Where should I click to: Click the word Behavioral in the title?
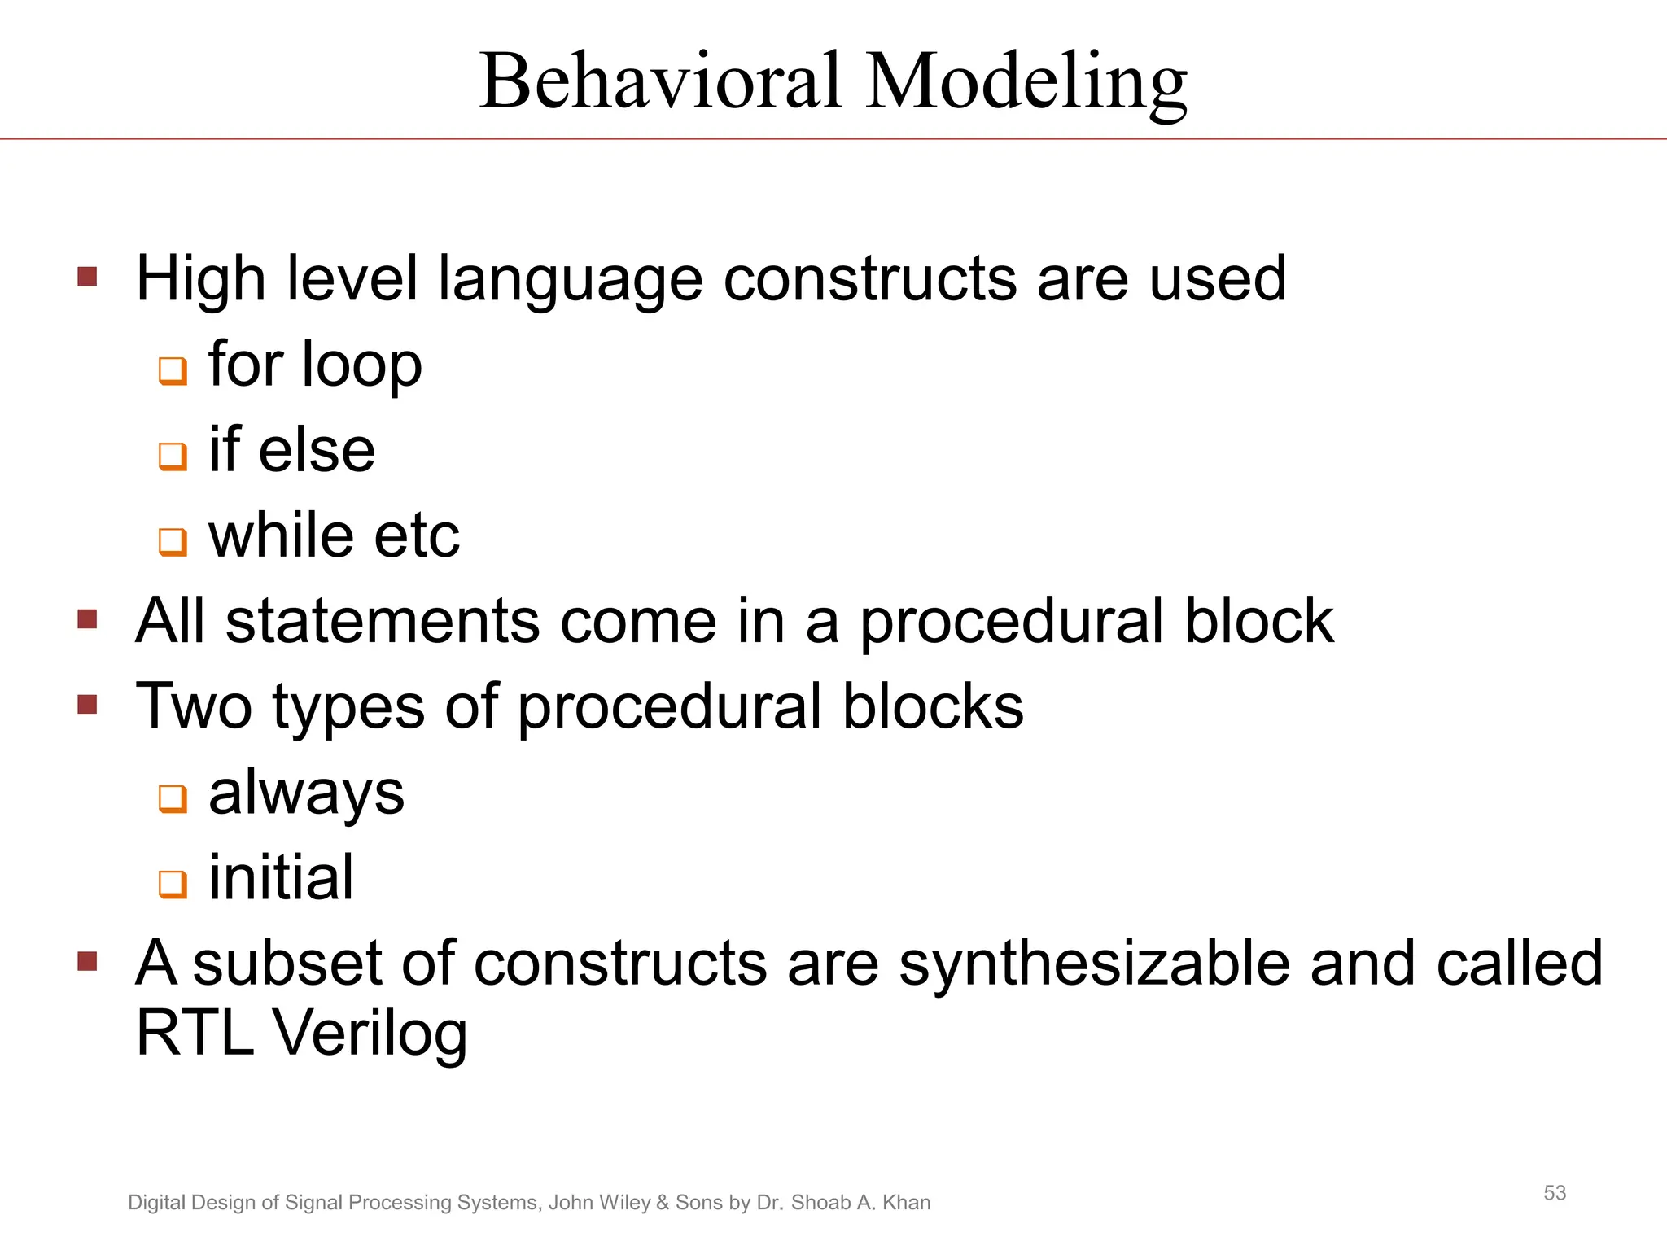tap(660, 81)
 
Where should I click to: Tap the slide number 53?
tap(1555, 1193)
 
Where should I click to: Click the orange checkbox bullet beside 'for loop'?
tap(173, 370)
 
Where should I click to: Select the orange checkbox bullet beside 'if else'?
tap(173, 456)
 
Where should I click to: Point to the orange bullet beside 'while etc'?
tap(173, 541)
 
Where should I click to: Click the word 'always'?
tap(306, 793)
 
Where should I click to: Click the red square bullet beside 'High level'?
tap(87, 277)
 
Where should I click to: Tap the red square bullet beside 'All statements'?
tap(87, 619)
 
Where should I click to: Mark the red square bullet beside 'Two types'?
tap(87, 704)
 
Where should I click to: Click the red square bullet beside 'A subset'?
tap(87, 962)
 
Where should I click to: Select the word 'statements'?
tap(382, 621)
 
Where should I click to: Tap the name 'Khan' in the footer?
tap(906, 1203)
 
